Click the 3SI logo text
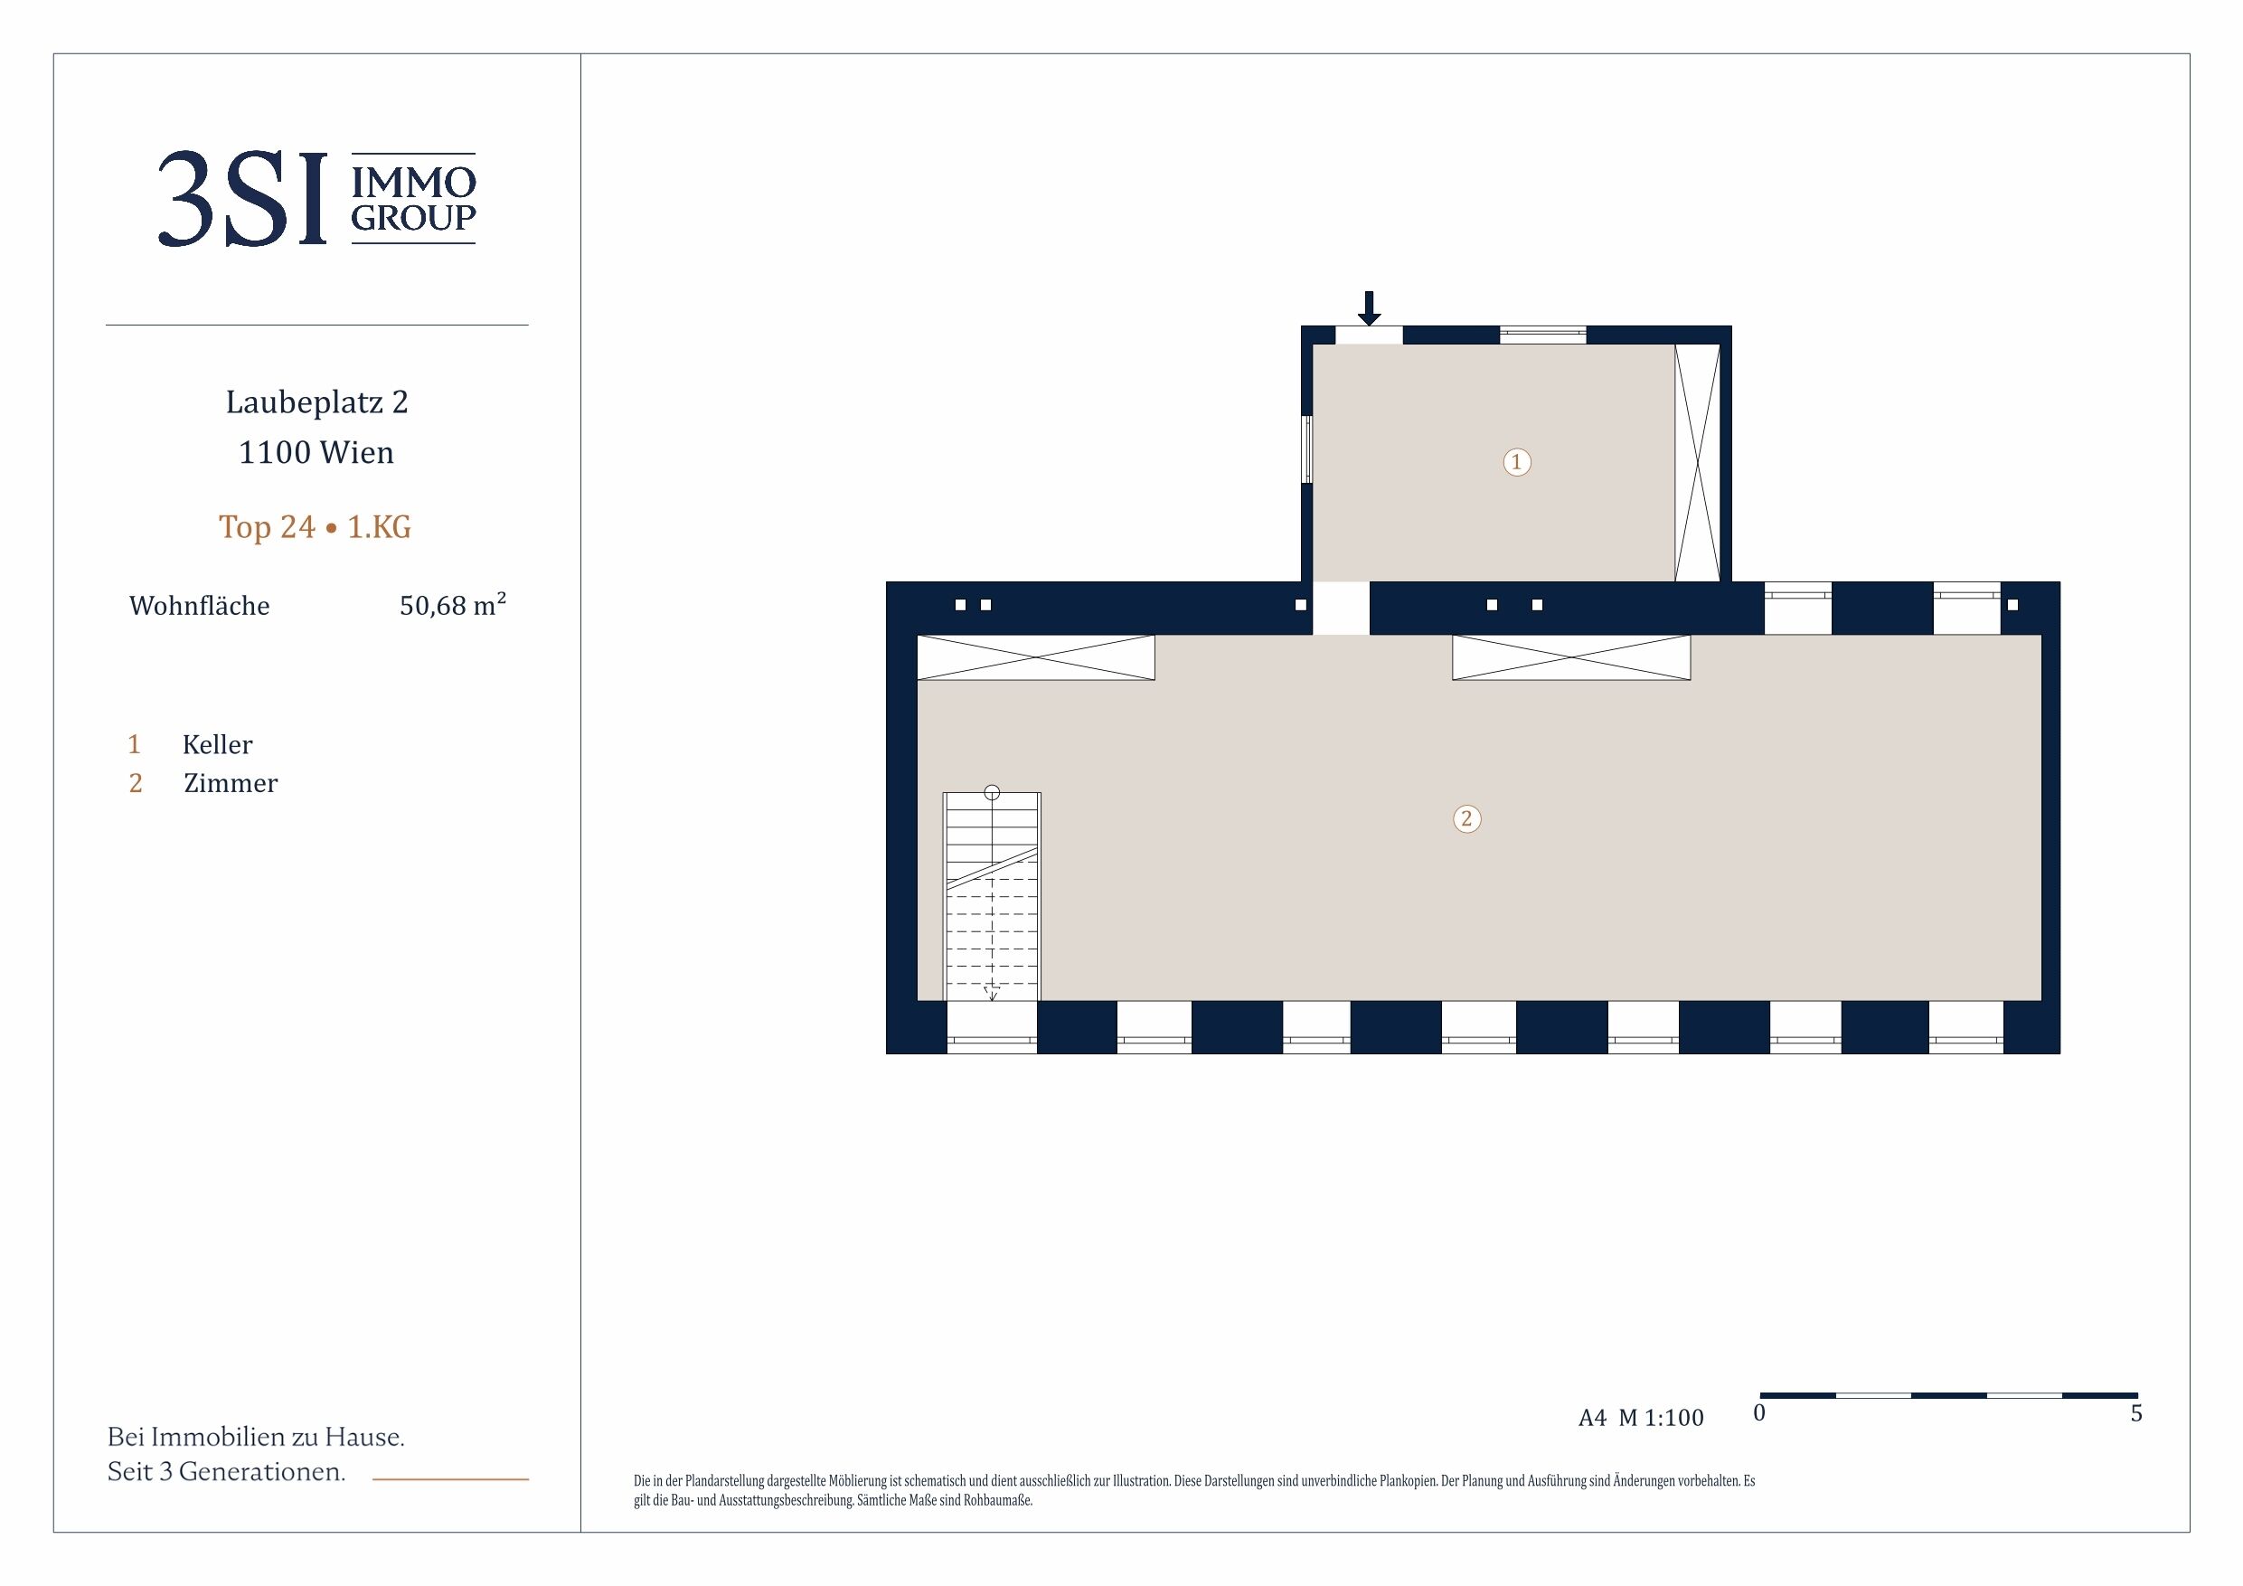point(242,198)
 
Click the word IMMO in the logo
point(413,182)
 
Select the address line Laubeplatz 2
point(316,402)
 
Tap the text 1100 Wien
point(316,452)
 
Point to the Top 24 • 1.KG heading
point(316,527)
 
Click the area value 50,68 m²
point(452,605)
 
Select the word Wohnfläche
point(199,606)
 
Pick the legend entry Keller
point(217,745)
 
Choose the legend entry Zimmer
point(231,784)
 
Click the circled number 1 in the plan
point(1516,462)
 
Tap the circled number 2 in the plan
point(1466,819)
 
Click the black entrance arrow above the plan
point(1370,307)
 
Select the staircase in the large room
point(992,896)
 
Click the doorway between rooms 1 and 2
point(1342,608)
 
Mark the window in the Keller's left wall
point(1306,449)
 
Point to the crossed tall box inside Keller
point(1697,463)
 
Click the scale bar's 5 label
point(2136,1413)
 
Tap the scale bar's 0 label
point(1759,1413)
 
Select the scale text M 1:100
point(1661,1418)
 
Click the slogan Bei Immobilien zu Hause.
point(256,1437)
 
